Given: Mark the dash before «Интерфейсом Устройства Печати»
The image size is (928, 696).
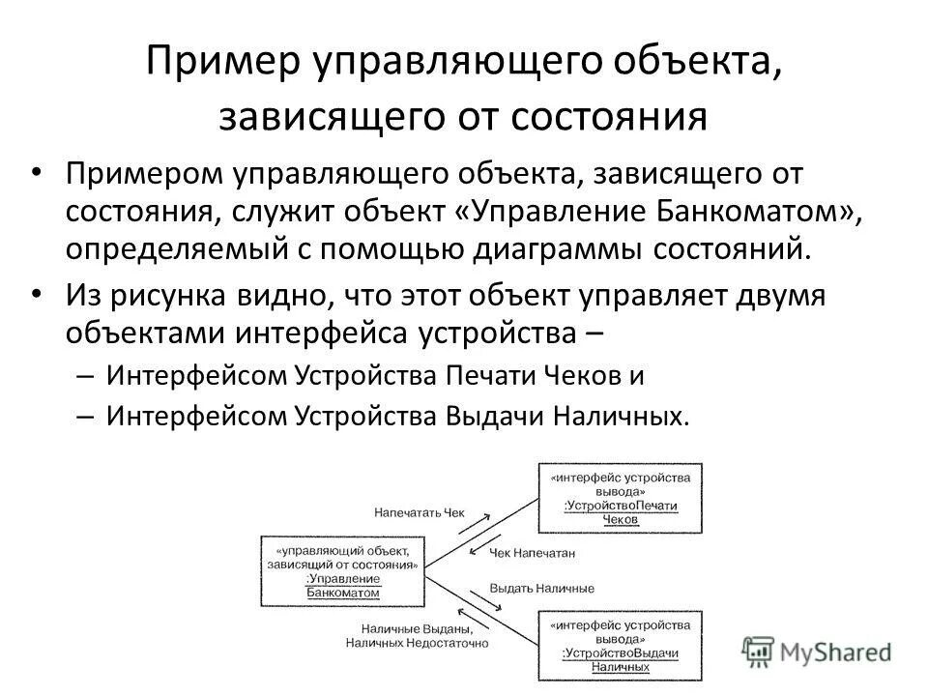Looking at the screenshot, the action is [x=82, y=376].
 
